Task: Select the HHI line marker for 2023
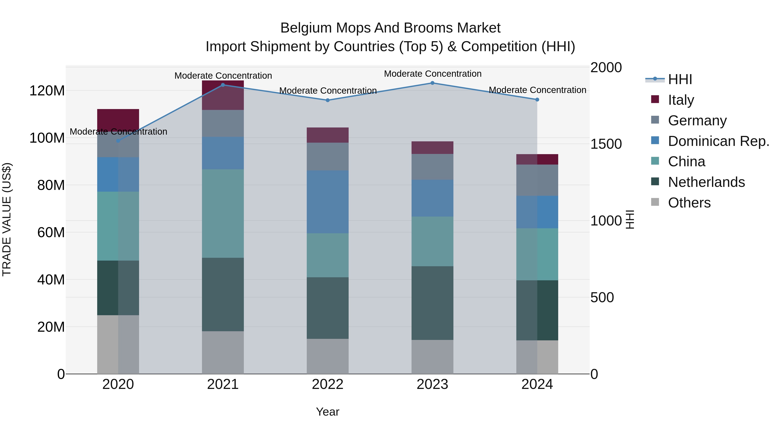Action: [x=432, y=83]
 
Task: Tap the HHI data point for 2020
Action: [x=118, y=141]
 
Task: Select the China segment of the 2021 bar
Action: [x=223, y=213]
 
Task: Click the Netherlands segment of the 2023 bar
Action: [x=432, y=303]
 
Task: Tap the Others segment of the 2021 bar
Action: [x=223, y=352]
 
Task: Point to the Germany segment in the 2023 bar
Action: [x=432, y=167]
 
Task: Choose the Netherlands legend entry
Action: [x=706, y=182]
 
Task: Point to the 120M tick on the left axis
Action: [x=47, y=91]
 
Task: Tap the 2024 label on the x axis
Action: [x=537, y=384]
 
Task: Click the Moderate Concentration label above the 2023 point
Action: [x=433, y=74]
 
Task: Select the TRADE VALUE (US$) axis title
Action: [x=7, y=219]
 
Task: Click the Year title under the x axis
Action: [x=327, y=412]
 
